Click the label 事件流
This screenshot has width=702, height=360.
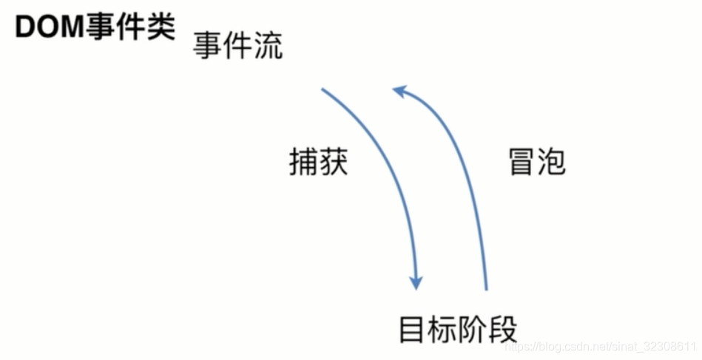[237, 46]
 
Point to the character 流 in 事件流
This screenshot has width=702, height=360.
[268, 46]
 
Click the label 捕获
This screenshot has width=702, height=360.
[318, 162]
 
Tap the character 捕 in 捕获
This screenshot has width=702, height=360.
[303, 162]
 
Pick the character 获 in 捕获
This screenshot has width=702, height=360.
[333, 162]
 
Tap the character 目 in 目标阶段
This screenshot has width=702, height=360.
[413, 329]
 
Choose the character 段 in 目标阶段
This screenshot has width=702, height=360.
[503, 329]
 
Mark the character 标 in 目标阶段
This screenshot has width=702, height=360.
[442, 329]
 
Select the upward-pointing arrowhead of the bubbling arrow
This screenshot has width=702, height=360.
[399, 91]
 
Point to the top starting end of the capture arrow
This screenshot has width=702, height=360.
[323, 90]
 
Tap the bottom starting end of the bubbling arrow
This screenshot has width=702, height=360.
[486, 288]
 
